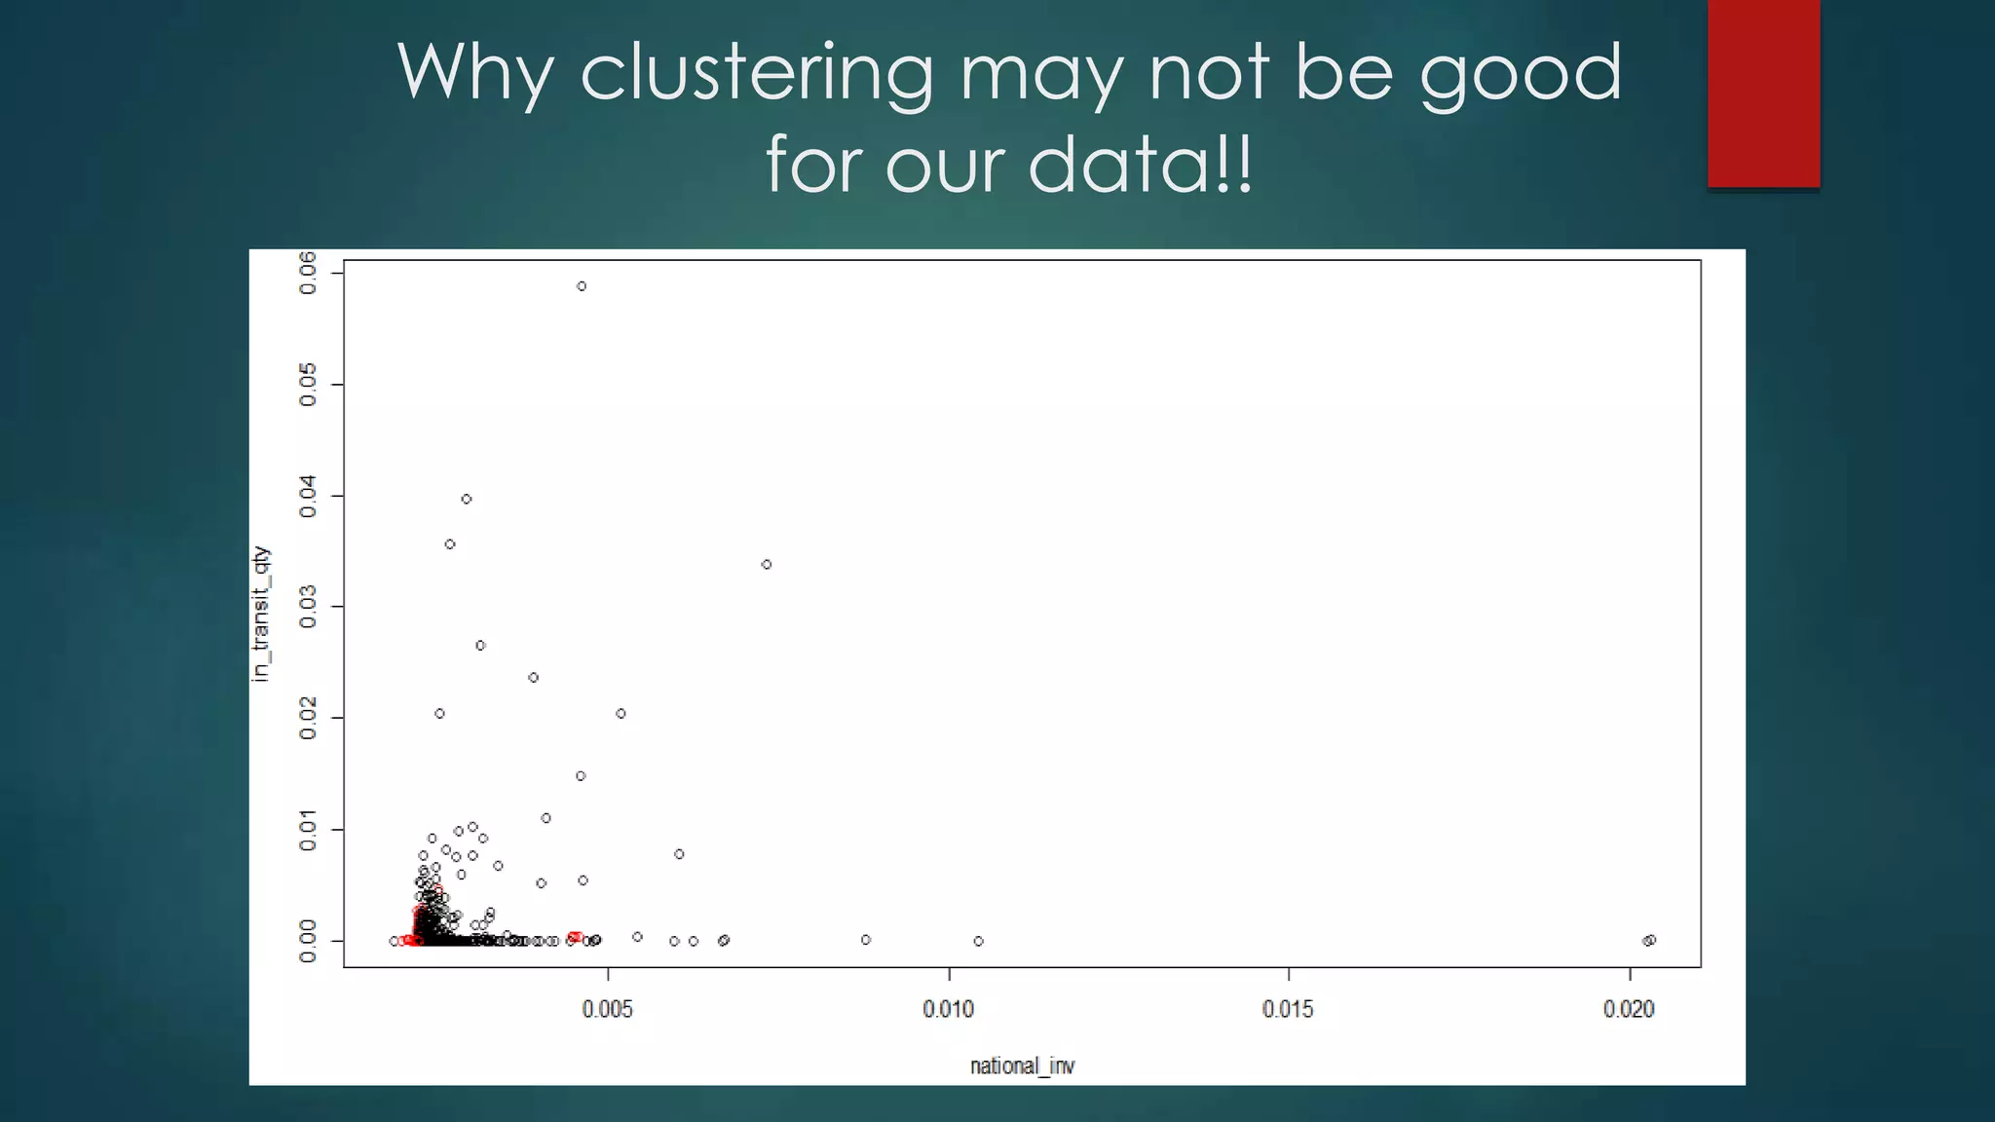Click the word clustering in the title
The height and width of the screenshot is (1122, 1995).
[x=757, y=73]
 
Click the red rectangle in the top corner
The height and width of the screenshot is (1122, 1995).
[x=1763, y=93]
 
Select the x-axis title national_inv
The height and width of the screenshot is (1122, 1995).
[x=1022, y=1066]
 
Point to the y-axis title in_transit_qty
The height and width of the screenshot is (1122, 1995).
[x=261, y=614]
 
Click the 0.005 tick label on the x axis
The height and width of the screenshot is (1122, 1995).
[x=608, y=1009]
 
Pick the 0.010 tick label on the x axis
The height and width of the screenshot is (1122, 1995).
[x=948, y=1009]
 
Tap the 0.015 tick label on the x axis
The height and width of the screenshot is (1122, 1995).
[x=1288, y=1009]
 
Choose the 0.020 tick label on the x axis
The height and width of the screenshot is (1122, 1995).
[x=1629, y=1009]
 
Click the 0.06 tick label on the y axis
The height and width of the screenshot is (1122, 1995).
[x=308, y=273]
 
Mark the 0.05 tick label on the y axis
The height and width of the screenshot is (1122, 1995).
[x=308, y=385]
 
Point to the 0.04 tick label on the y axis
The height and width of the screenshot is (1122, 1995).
[x=308, y=496]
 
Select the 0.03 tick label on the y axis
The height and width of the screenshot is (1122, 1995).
[x=308, y=607]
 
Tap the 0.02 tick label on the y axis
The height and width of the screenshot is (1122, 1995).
[x=308, y=719]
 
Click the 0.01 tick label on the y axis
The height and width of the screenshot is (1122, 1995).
[x=308, y=830]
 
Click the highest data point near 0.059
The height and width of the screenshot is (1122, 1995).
[x=582, y=286]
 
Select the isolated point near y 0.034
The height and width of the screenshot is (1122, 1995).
[x=767, y=565]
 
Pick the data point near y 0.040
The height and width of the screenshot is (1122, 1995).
[x=467, y=499]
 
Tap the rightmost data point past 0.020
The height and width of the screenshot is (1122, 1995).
[x=1650, y=940]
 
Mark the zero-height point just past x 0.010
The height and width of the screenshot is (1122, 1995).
[x=979, y=941]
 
